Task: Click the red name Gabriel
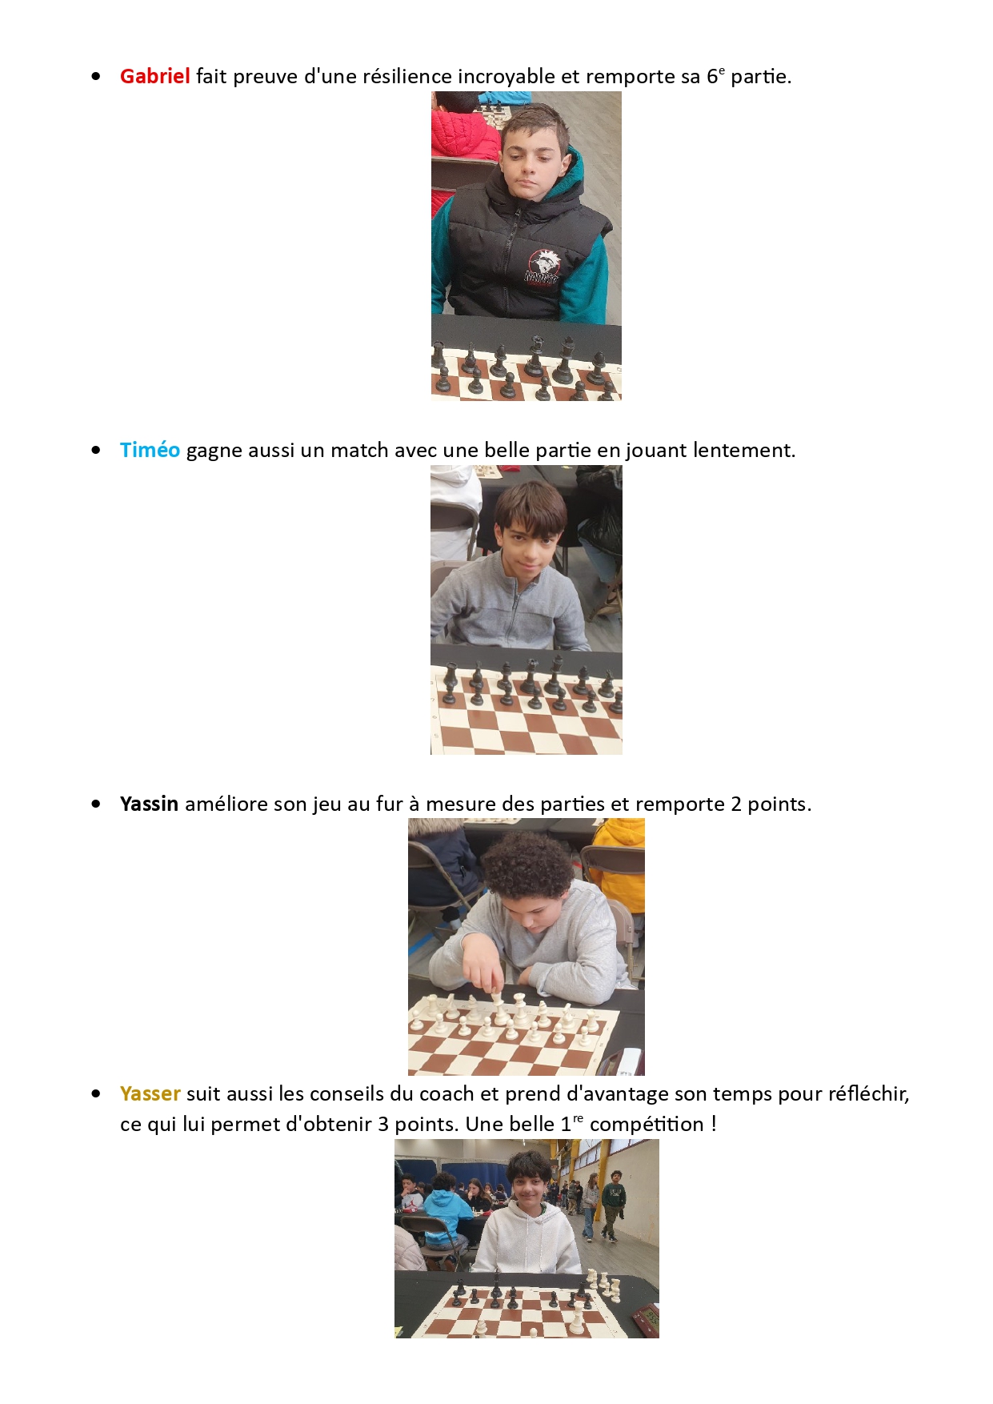(x=154, y=76)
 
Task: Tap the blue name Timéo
(x=150, y=450)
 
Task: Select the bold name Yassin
(x=149, y=804)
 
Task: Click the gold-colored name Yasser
(x=150, y=1093)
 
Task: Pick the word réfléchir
(x=869, y=1093)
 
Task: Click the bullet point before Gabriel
(x=96, y=77)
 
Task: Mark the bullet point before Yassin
(x=96, y=804)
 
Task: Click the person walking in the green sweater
(x=613, y=1205)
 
